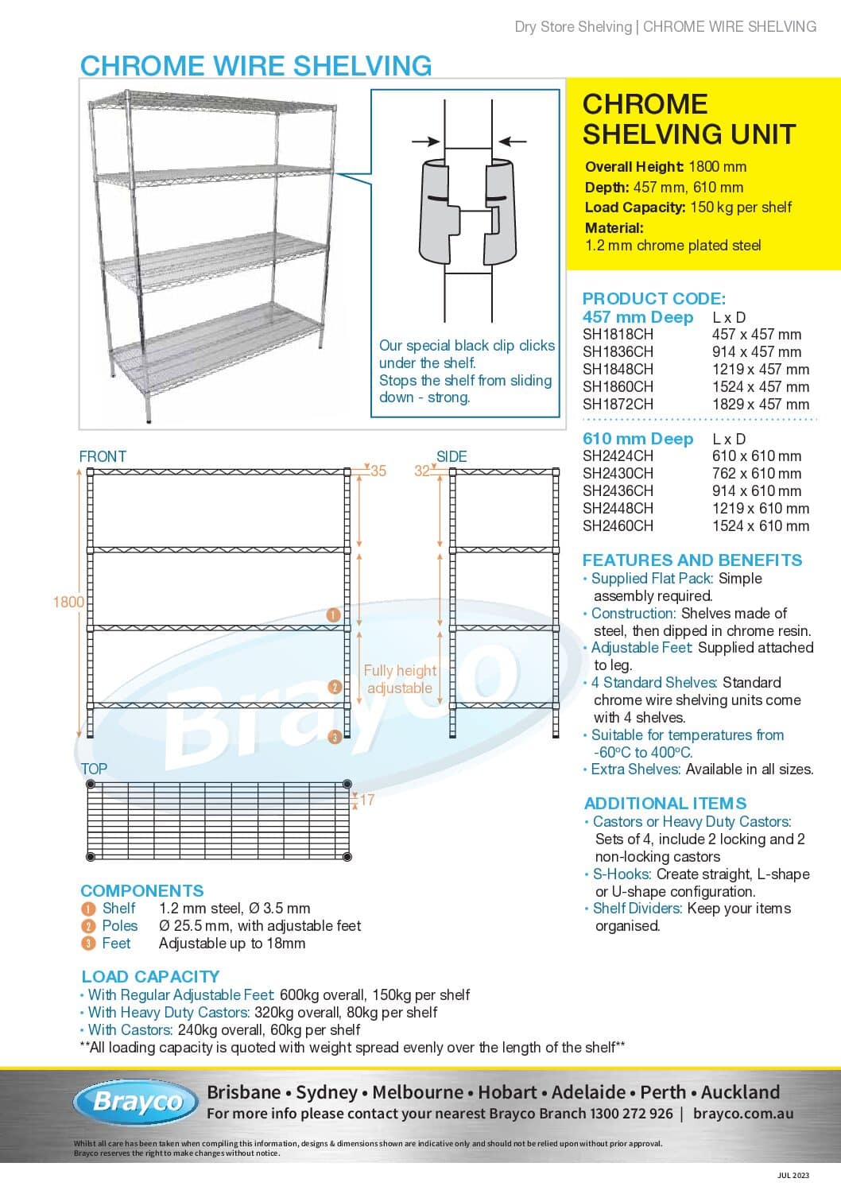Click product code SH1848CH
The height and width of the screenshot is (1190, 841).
[618, 369]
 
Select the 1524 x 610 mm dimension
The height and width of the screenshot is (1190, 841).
[760, 525]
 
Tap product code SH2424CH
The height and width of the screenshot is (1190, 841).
[618, 455]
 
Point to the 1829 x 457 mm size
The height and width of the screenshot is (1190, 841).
[760, 404]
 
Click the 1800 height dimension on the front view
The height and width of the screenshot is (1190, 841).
[68, 602]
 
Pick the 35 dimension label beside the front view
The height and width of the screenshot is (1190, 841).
[378, 471]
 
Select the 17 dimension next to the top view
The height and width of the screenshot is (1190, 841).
[366, 800]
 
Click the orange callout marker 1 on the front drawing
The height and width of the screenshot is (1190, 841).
[334, 614]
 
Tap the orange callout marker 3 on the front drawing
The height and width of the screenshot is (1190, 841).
[335, 737]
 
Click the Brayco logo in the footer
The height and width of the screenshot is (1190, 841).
[136, 1102]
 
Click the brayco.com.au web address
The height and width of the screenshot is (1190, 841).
[742, 1114]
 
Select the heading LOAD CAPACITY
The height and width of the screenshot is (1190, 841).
[150, 976]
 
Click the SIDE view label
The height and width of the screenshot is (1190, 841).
[452, 456]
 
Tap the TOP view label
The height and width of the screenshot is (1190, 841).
[94, 769]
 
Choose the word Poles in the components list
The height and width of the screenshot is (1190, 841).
[120, 925]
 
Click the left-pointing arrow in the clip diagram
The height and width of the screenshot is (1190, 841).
[512, 141]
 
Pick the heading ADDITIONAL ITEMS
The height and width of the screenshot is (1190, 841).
[665, 803]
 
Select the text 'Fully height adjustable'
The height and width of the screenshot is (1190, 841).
[400, 679]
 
